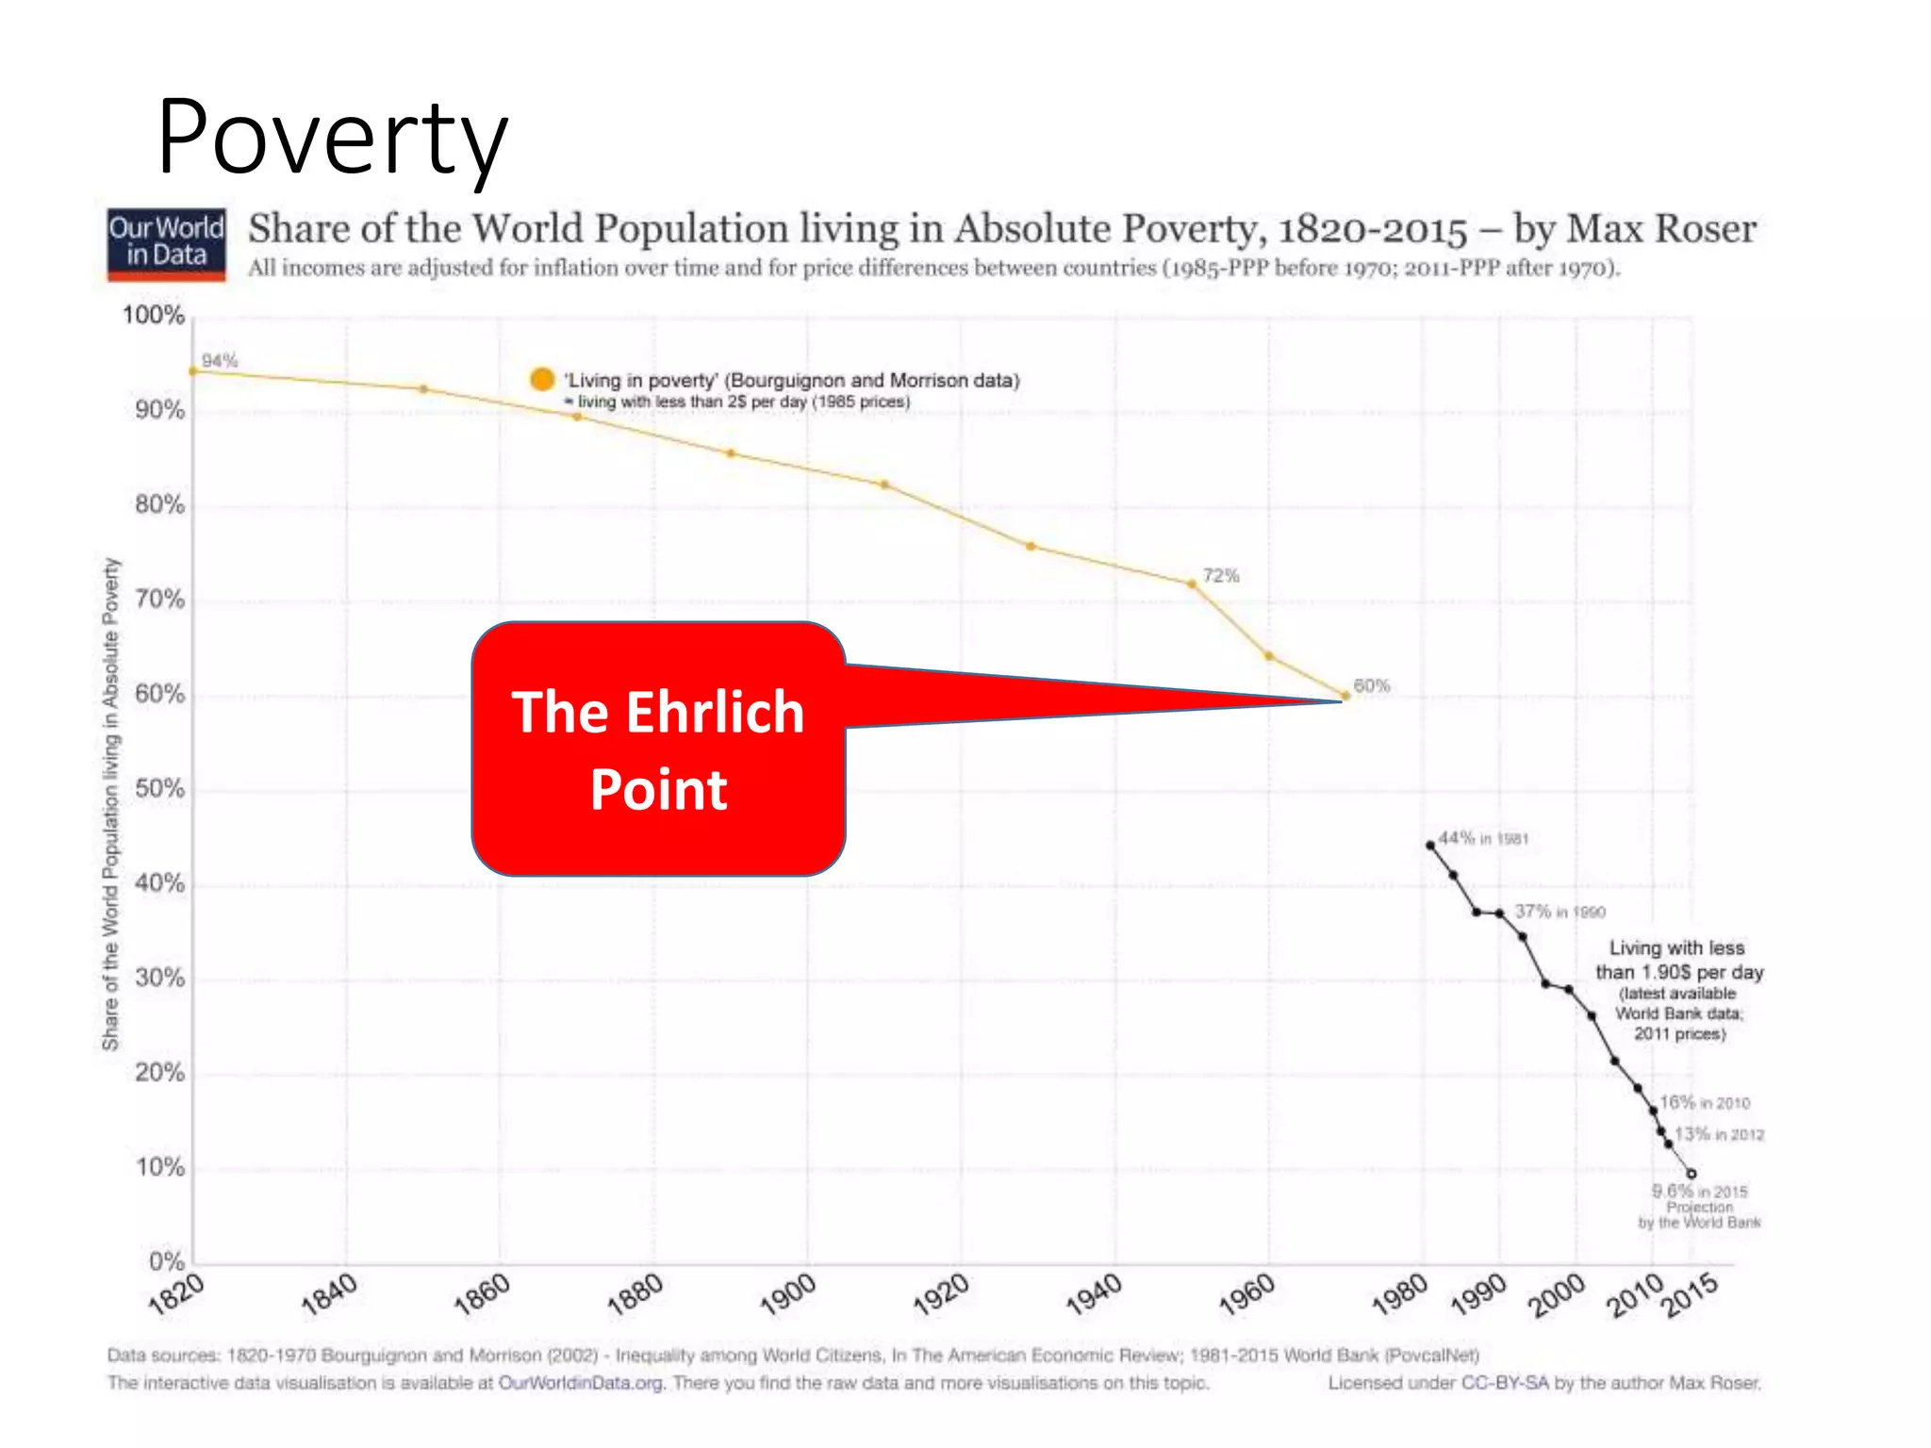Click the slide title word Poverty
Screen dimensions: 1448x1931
click(x=332, y=138)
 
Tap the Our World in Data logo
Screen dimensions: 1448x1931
click(x=166, y=244)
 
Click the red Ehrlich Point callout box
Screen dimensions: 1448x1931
click(x=658, y=749)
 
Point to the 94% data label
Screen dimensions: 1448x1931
click(x=220, y=361)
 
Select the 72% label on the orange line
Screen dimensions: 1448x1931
click(x=1220, y=576)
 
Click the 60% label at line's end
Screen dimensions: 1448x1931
click(x=1372, y=686)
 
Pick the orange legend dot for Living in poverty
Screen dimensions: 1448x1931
click(x=542, y=379)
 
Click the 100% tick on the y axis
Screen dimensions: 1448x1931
click(x=153, y=315)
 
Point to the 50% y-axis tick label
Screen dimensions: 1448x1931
click(x=159, y=789)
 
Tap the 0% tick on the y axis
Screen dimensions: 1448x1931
click(x=166, y=1261)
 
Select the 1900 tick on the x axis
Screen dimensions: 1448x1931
click(x=788, y=1294)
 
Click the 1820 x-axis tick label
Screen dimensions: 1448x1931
click(x=176, y=1294)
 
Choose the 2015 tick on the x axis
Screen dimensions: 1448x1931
click(x=1690, y=1294)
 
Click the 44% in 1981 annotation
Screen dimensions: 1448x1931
click(x=1483, y=838)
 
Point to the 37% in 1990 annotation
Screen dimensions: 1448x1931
click(x=1560, y=912)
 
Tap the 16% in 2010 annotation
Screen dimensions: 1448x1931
click(x=1705, y=1102)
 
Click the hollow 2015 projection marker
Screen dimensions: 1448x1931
click(x=1692, y=1174)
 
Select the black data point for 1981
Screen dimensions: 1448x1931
click(x=1430, y=846)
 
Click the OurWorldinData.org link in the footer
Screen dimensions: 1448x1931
click(x=581, y=1383)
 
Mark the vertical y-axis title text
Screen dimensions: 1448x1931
click(x=111, y=803)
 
